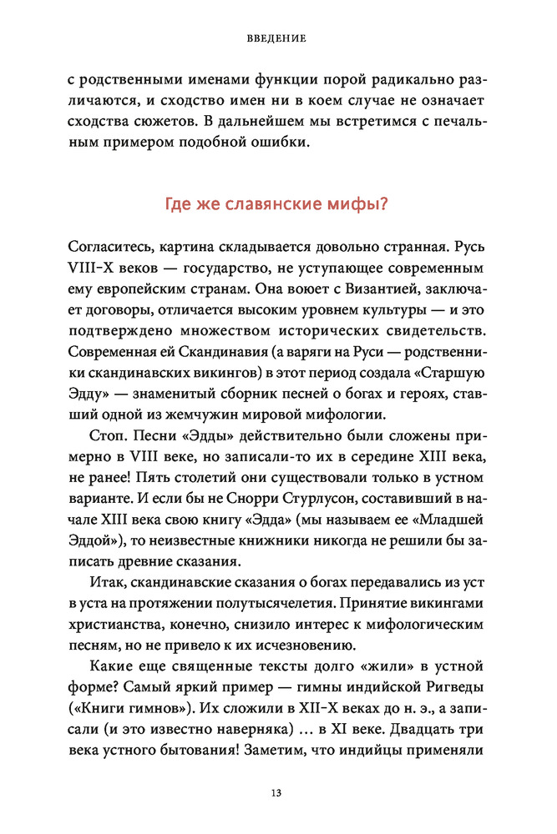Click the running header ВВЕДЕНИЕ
click(x=277, y=38)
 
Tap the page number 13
click(x=277, y=792)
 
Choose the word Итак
click(x=104, y=588)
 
